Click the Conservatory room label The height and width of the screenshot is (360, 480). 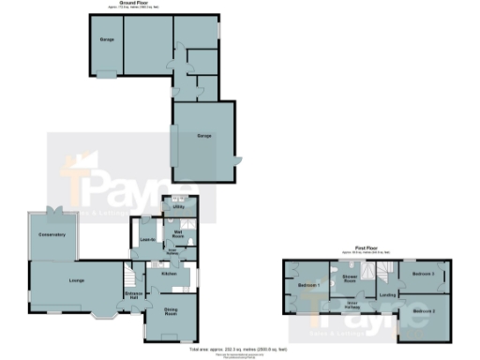52,233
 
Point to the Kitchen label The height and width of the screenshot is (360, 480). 170,274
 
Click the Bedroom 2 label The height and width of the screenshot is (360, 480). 424,309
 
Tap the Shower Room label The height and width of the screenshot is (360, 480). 351,277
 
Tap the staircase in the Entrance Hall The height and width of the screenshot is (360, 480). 128,277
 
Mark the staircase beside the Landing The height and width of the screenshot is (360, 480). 383,272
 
